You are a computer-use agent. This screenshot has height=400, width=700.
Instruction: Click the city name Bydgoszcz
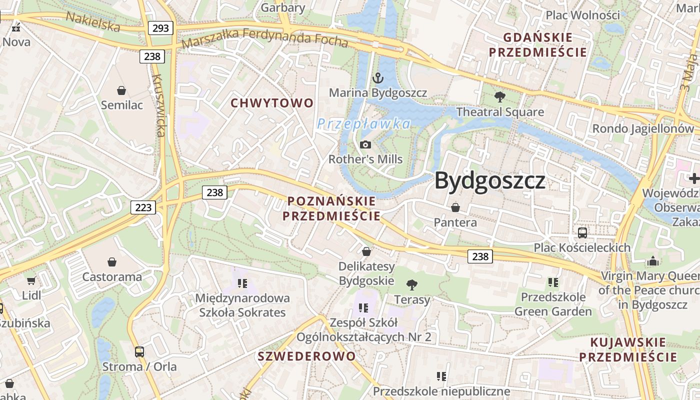point(489,180)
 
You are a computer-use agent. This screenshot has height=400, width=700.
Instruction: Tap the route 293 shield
point(160,28)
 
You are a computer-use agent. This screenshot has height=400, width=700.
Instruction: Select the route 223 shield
point(143,207)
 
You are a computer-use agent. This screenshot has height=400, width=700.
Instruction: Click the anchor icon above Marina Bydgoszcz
point(378,78)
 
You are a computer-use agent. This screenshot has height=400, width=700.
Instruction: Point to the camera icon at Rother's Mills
point(365,145)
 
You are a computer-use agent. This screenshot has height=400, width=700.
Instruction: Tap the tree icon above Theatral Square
point(499,97)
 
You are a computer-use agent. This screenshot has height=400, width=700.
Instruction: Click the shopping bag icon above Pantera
point(455,207)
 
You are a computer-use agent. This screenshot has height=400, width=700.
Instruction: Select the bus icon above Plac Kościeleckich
point(582,232)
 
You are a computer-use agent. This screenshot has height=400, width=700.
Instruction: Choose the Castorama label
point(112,276)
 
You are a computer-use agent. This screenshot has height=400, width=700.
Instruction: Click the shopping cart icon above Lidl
point(31,281)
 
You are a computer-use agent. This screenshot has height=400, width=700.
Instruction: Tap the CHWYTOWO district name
point(272,103)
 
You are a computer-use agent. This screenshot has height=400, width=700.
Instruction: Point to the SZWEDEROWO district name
point(306,356)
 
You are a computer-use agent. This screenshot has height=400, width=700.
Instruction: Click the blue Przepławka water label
point(364,124)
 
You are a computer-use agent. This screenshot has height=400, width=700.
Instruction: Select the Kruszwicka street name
point(160,105)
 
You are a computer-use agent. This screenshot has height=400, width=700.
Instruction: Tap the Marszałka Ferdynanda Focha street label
point(265,38)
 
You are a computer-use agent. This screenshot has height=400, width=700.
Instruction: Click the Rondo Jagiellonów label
point(643,128)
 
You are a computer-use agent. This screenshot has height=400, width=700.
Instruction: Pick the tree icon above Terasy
point(412,285)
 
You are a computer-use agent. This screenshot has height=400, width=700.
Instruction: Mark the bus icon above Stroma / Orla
point(139,351)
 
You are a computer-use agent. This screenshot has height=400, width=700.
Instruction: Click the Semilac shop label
point(121,105)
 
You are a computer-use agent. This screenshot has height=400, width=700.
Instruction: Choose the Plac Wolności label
point(582,15)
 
